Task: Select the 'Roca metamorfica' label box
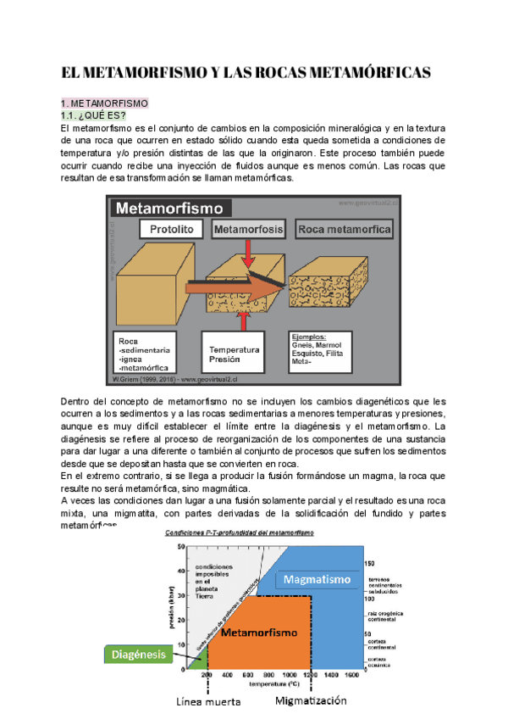[344, 230]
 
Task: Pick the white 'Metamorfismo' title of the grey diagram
[169, 207]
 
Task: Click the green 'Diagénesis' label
[134, 654]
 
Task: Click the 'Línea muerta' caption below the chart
[208, 702]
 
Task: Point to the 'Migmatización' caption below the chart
[312, 702]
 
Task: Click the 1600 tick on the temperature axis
[351, 676]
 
